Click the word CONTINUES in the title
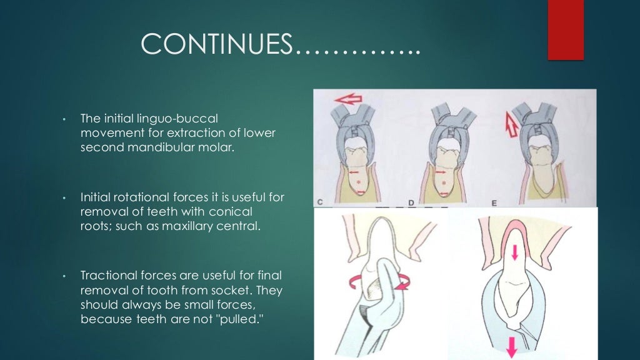pos(217,44)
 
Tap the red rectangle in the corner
pos(565,29)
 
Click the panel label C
pos(320,202)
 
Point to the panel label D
pos(412,202)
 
